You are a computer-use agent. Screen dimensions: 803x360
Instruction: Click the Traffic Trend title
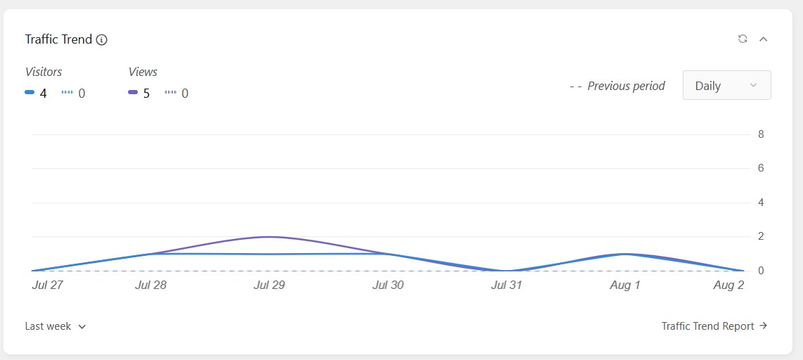pos(58,39)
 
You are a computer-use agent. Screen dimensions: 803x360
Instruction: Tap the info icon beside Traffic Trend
pos(101,39)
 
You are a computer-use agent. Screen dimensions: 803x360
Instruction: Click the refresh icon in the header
pos(743,39)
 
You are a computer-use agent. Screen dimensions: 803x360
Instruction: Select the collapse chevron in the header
pos(763,39)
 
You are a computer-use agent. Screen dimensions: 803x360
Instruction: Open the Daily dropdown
pos(726,85)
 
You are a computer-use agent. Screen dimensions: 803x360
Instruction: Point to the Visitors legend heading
pos(44,72)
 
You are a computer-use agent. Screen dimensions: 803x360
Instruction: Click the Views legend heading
pos(143,72)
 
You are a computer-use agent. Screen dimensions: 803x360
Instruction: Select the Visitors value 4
pos(43,94)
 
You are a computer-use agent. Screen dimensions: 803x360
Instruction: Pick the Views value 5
pos(146,94)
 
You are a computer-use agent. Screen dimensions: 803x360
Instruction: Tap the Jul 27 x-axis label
pos(47,285)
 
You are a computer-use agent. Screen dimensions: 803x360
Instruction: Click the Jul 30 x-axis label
pos(387,285)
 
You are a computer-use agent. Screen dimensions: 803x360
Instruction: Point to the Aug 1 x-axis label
pos(625,285)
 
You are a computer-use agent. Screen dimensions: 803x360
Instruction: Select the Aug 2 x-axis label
pos(728,285)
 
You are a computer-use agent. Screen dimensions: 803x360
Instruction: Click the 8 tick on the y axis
pos(761,134)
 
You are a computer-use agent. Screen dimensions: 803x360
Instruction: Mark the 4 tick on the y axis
pos(761,202)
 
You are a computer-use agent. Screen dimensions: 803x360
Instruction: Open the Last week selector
pos(56,326)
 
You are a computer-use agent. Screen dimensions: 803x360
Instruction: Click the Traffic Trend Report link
pos(714,326)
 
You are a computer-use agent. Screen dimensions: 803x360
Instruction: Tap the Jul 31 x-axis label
pos(506,285)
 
